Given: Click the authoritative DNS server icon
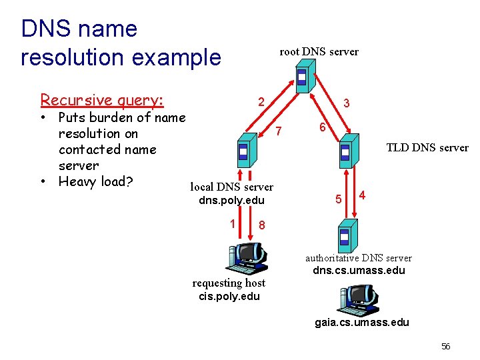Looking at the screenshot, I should click(345, 236).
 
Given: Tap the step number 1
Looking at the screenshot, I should click(232, 224).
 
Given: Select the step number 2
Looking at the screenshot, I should click(262, 102).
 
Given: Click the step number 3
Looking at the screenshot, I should click(347, 104).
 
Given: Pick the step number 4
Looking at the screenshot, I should click(362, 195).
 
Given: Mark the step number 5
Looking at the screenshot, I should click(339, 199).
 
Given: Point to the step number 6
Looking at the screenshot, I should click(321, 127).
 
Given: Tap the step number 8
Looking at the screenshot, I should click(262, 225).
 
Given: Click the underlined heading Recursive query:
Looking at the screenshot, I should click(101, 100).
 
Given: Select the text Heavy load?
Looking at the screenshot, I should click(97, 181).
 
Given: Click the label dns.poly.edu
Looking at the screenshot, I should click(231, 201).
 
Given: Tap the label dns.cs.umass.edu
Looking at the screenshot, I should click(359, 271).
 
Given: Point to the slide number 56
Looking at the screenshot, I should click(446, 346).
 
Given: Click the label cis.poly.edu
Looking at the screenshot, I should click(228, 296).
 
